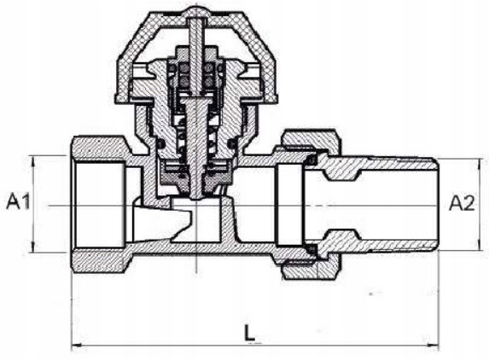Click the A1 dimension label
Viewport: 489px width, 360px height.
click(x=18, y=201)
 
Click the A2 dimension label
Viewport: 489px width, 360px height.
click(x=462, y=203)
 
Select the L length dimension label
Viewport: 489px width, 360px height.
click(x=249, y=334)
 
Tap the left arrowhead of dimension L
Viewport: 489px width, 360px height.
click(x=77, y=345)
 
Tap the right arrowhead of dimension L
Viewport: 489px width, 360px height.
click(x=434, y=345)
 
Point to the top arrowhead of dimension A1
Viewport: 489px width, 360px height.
click(x=33, y=160)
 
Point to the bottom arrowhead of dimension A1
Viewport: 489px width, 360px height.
click(x=33, y=247)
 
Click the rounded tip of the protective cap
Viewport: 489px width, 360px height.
click(x=196, y=12)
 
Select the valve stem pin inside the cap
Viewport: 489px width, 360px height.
click(x=196, y=56)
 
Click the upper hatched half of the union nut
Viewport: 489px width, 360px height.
click(x=311, y=139)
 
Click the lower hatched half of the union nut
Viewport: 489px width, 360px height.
click(x=311, y=268)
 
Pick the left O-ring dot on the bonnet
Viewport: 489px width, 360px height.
click(x=160, y=144)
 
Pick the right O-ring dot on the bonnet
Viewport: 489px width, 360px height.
click(x=232, y=143)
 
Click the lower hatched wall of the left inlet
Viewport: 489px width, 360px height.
click(x=100, y=261)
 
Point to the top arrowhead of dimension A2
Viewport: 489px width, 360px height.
click(x=480, y=163)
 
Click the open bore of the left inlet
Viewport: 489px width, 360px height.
click(x=100, y=205)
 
